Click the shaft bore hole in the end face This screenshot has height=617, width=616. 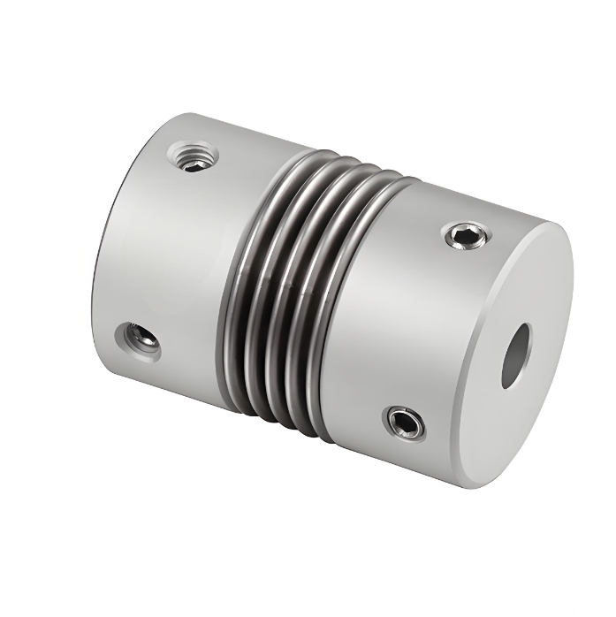[x=515, y=355]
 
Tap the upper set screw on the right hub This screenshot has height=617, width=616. [x=466, y=235]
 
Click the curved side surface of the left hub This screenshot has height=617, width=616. [x=177, y=256]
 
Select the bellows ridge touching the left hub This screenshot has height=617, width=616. [x=237, y=283]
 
